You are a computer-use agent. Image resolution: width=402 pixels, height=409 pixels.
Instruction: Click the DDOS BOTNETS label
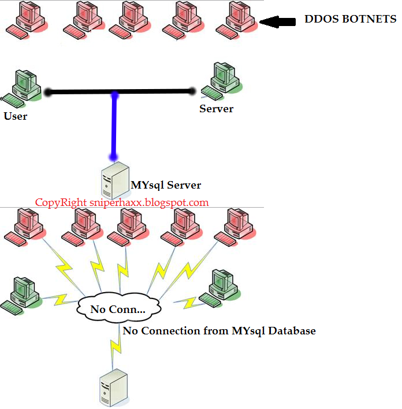click(x=350, y=19)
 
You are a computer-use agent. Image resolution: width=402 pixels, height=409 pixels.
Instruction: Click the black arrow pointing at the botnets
click(x=280, y=22)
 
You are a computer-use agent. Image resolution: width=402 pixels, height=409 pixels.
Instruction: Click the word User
click(x=16, y=116)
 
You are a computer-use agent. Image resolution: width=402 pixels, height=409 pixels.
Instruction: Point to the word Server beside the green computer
click(x=216, y=109)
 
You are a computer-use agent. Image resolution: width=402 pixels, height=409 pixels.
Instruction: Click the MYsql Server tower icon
click(x=113, y=180)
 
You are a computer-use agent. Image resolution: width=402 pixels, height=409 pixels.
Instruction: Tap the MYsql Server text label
click(x=166, y=185)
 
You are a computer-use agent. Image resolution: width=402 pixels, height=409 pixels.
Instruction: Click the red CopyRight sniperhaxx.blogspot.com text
click(x=122, y=202)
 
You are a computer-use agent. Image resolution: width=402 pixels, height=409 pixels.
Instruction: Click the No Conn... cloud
click(x=118, y=309)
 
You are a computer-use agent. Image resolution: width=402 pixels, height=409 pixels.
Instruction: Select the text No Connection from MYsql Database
click(x=219, y=331)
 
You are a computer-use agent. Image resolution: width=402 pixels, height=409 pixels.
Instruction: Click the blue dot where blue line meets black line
click(x=115, y=93)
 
